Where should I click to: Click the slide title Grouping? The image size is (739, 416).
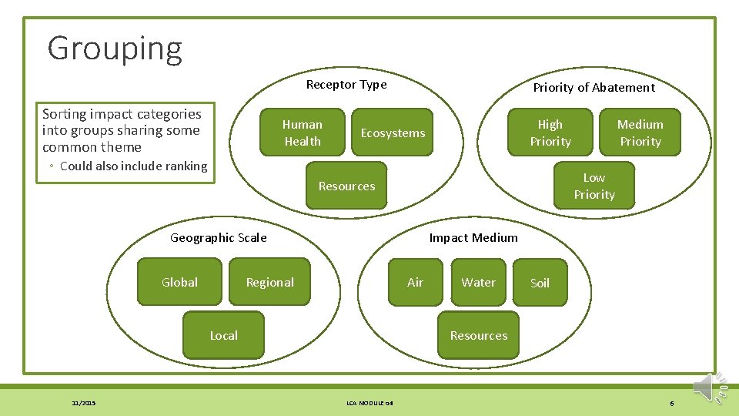115,49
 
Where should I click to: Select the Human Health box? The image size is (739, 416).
303,133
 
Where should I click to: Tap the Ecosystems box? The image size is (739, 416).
393,133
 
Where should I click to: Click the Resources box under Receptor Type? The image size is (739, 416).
346,186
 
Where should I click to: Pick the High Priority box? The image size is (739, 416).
550,133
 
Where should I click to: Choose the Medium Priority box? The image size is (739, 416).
640,133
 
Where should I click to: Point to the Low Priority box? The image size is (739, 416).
594,186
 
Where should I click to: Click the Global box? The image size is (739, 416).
179,283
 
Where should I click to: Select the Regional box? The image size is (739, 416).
269,283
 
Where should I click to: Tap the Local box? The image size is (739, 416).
223,336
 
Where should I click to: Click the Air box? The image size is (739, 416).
415,283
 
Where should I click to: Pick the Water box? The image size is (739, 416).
478,283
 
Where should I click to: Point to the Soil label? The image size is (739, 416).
540,283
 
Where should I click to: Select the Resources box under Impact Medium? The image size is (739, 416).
478,336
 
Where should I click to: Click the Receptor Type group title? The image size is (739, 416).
346,85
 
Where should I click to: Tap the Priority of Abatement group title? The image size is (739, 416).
594,88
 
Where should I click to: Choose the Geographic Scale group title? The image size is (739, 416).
218,238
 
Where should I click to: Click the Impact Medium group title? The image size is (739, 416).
473,238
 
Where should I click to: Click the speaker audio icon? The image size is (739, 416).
709,387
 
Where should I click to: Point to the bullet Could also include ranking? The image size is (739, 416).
133,166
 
